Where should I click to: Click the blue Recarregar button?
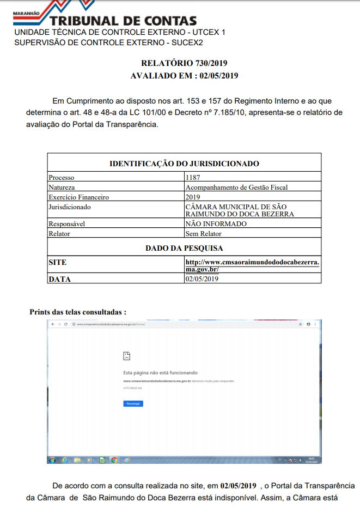[133, 403]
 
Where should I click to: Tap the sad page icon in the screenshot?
[127, 356]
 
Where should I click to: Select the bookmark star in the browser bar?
[300, 324]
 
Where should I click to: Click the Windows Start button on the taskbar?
[52, 460]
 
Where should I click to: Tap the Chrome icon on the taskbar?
[114, 460]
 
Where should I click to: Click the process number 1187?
[193, 177]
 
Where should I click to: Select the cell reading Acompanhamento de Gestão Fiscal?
[236, 187]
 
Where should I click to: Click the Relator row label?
[59, 233]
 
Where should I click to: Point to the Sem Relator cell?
[203, 233]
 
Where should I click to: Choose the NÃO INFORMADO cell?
[216, 224]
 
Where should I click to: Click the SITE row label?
[57, 262]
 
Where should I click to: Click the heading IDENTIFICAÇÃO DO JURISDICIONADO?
[184, 164]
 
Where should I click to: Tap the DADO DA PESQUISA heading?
[184, 248]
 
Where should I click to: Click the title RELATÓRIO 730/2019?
[184, 64]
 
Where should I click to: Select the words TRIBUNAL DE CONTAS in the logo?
[130, 21]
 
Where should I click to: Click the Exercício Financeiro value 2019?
[193, 197]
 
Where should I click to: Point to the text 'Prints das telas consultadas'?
[78, 312]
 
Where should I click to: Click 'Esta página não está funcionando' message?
[156, 373]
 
